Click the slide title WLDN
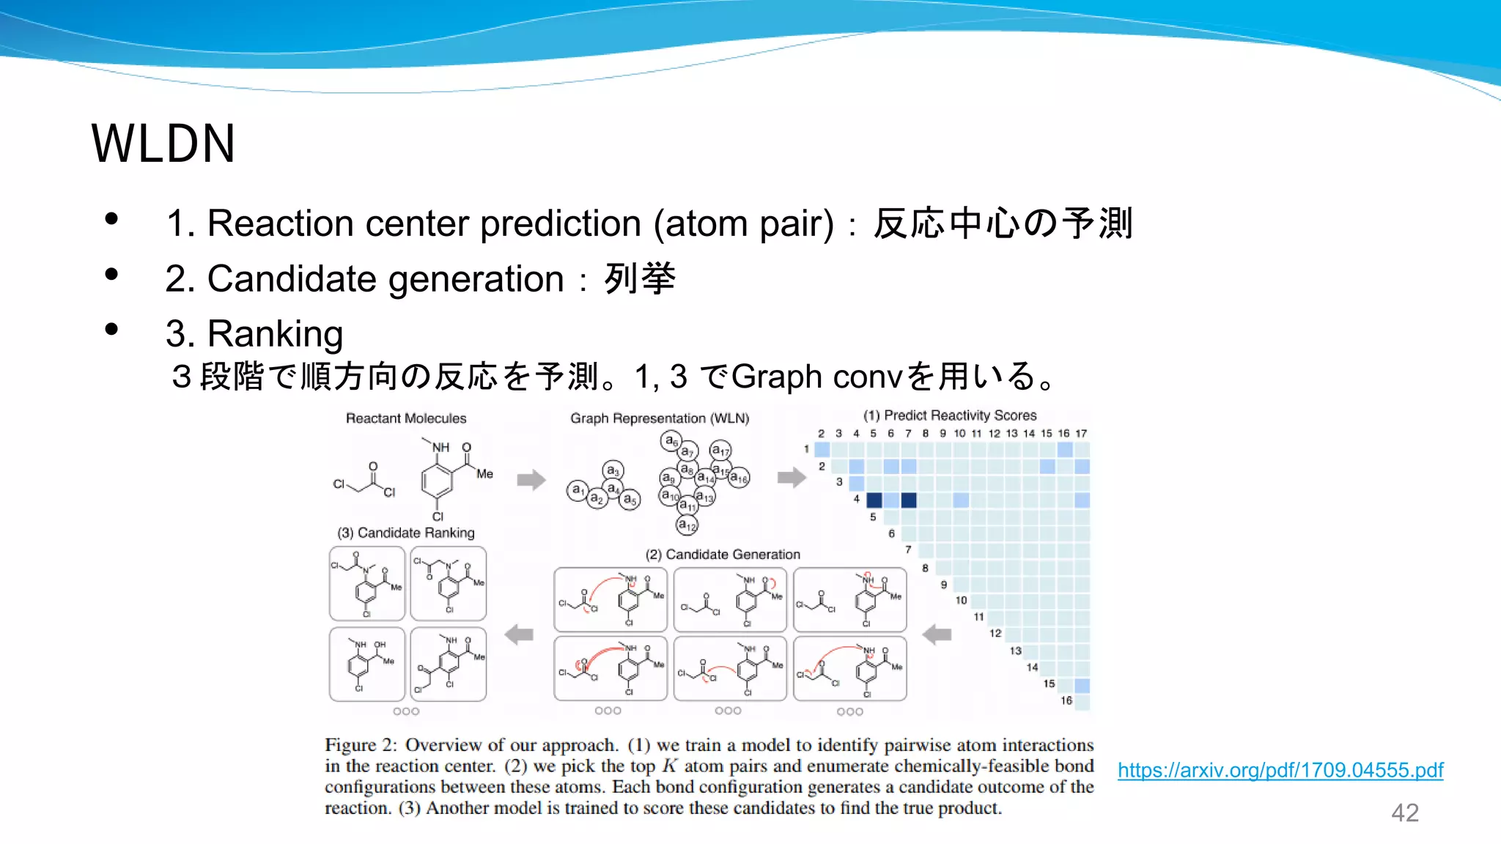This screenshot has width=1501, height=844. [x=163, y=144]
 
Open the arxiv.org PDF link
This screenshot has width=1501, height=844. [x=1280, y=770]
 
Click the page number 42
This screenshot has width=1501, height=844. [x=1404, y=812]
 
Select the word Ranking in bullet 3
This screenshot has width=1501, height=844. [x=275, y=334]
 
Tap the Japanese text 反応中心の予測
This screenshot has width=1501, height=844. [x=1003, y=223]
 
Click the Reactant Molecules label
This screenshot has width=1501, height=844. [x=406, y=418]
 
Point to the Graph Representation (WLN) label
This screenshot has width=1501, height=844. [x=660, y=418]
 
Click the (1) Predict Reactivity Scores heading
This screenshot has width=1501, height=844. [x=949, y=415]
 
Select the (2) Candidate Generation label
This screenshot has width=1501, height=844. [x=722, y=555]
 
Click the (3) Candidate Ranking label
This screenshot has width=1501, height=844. [x=405, y=533]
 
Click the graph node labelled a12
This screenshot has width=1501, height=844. [x=687, y=525]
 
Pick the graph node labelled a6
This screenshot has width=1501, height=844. [x=671, y=440]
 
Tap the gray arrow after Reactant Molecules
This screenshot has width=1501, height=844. [x=531, y=480]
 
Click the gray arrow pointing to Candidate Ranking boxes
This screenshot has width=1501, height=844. [x=519, y=634]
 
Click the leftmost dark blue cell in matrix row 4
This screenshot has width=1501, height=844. [x=874, y=500]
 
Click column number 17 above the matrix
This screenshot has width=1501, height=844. [x=1081, y=434]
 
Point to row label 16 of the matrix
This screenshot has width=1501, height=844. [x=1066, y=700]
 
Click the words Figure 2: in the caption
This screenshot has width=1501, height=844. [x=361, y=745]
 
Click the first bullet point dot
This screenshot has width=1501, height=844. [x=111, y=219]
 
